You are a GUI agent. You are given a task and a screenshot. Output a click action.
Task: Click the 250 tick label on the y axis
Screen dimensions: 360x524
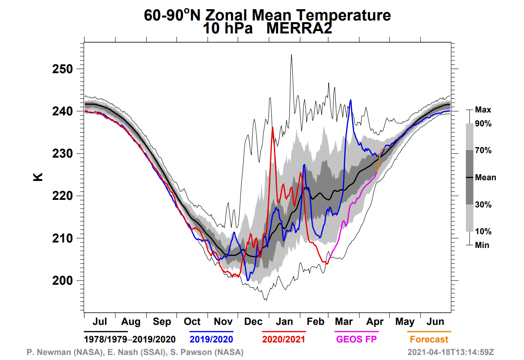coord(62,69)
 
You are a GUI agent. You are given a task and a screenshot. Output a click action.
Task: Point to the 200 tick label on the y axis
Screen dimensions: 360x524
coord(62,281)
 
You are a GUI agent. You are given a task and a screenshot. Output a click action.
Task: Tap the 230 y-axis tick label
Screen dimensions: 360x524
coord(62,154)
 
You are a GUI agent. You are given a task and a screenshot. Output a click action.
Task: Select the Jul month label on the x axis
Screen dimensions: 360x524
coord(100,322)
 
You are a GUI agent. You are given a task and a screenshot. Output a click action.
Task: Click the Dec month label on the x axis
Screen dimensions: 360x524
coord(253,322)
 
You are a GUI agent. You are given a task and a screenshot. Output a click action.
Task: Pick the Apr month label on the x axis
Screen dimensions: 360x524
coord(375,322)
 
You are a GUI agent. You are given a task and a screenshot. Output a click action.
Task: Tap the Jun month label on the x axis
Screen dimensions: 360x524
coord(435,322)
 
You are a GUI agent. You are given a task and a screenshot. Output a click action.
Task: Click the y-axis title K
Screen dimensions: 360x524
coord(38,177)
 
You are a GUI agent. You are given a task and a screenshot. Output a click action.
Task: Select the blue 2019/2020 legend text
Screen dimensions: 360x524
coord(212,339)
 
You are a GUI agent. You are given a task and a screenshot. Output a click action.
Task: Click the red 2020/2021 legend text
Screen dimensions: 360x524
coord(284,339)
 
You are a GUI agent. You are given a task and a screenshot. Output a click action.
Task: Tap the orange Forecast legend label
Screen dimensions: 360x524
coord(429,339)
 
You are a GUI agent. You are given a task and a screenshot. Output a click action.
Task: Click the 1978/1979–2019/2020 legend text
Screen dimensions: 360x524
coord(130,339)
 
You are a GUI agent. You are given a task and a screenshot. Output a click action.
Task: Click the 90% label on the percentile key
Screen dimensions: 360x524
coord(483,124)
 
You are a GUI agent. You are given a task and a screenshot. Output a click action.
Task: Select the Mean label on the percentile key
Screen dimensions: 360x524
coord(486,178)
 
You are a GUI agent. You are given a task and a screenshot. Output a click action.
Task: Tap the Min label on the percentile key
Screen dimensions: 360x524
coord(482,245)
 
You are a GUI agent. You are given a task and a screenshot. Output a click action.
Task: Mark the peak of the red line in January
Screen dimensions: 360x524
coord(272,127)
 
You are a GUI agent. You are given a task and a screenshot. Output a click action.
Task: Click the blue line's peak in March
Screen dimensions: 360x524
coord(350,100)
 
